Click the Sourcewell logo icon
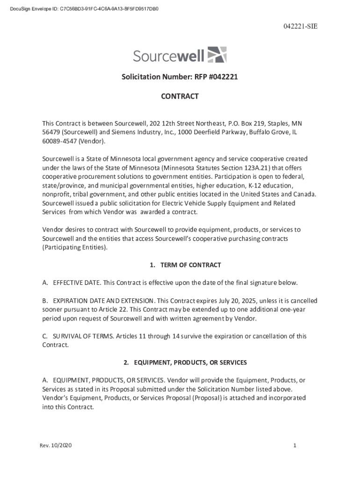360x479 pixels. point(216,55)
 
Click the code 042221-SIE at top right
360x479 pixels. point(300,27)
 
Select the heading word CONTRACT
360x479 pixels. point(180,96)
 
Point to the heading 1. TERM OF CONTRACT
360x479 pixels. point(185,265)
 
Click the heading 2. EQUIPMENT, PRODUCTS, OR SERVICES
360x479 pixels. point(185,363)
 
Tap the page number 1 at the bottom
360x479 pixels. point(295,446)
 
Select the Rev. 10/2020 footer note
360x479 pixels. point(56,446)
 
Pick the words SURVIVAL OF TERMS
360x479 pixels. point(82,336)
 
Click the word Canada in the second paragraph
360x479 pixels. point(305,195)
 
